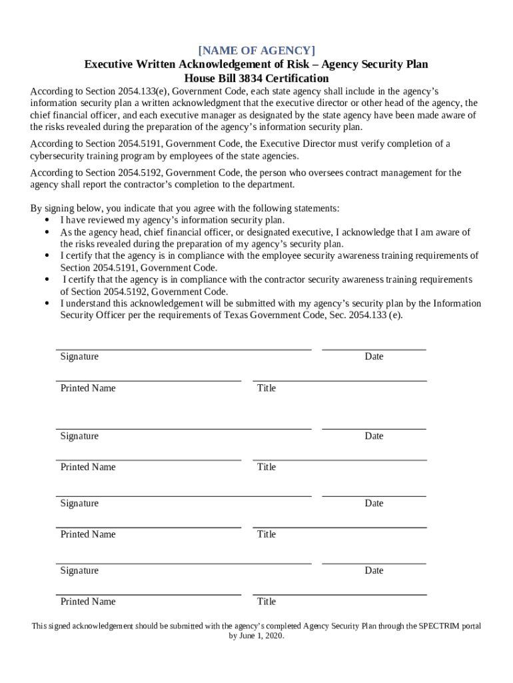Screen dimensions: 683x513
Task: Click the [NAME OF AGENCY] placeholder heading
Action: pos(256,51)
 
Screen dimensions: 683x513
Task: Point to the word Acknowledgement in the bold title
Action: pos(191,65)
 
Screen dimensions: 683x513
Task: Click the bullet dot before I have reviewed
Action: pos(47,220)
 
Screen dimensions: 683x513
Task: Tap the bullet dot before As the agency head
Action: pos(47,232)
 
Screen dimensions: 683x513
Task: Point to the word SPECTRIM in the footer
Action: pos(440,626)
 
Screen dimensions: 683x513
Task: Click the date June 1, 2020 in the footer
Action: pos(265,637)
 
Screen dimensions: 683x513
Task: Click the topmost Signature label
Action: pos(79,357)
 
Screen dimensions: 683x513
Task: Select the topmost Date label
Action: pos(374,357)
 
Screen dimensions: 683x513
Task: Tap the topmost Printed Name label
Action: pos(88,388)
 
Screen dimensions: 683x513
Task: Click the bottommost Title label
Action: pos(266,602)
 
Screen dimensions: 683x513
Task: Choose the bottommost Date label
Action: pos(374,571)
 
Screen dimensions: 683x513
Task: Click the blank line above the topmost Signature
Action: pos(183,349)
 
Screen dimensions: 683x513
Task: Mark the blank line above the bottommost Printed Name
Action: pos(148,594)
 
